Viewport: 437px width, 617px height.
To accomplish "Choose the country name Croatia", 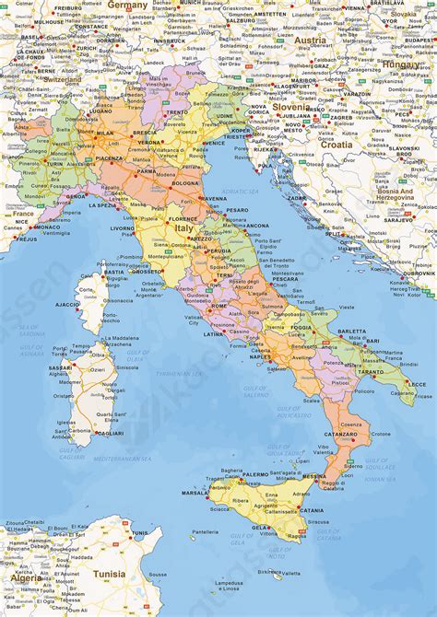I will tap(336, 144).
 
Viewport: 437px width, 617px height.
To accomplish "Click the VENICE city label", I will tap(214, 144).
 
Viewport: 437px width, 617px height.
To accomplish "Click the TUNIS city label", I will tap(139, 533).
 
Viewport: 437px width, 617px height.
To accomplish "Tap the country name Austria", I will tap(310, 41).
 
